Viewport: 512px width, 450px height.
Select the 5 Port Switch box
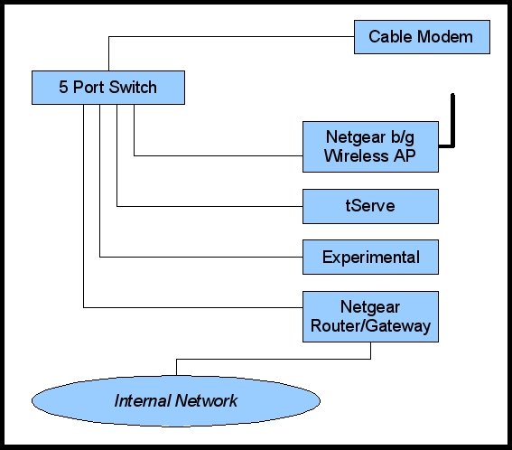coord(107,88)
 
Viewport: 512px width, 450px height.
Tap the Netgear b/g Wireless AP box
coord(370,147)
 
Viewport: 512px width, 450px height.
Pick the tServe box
coord(370,206)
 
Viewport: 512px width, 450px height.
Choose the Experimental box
coord(370,257)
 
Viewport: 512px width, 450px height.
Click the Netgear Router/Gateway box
coord(370,316)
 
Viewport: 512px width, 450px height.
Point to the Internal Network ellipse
coord(175,399)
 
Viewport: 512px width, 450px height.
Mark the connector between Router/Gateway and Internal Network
coord(271,359)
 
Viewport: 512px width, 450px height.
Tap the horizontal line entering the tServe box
coord(208,206)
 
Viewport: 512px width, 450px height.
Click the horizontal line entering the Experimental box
coord(199,257)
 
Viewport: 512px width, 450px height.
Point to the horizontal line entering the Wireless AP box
coord(217,155)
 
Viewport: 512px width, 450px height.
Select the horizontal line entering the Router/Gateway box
coord(190,308)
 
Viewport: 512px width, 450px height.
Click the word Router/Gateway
coord(370,326)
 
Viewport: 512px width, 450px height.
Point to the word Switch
coord(133,88)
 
